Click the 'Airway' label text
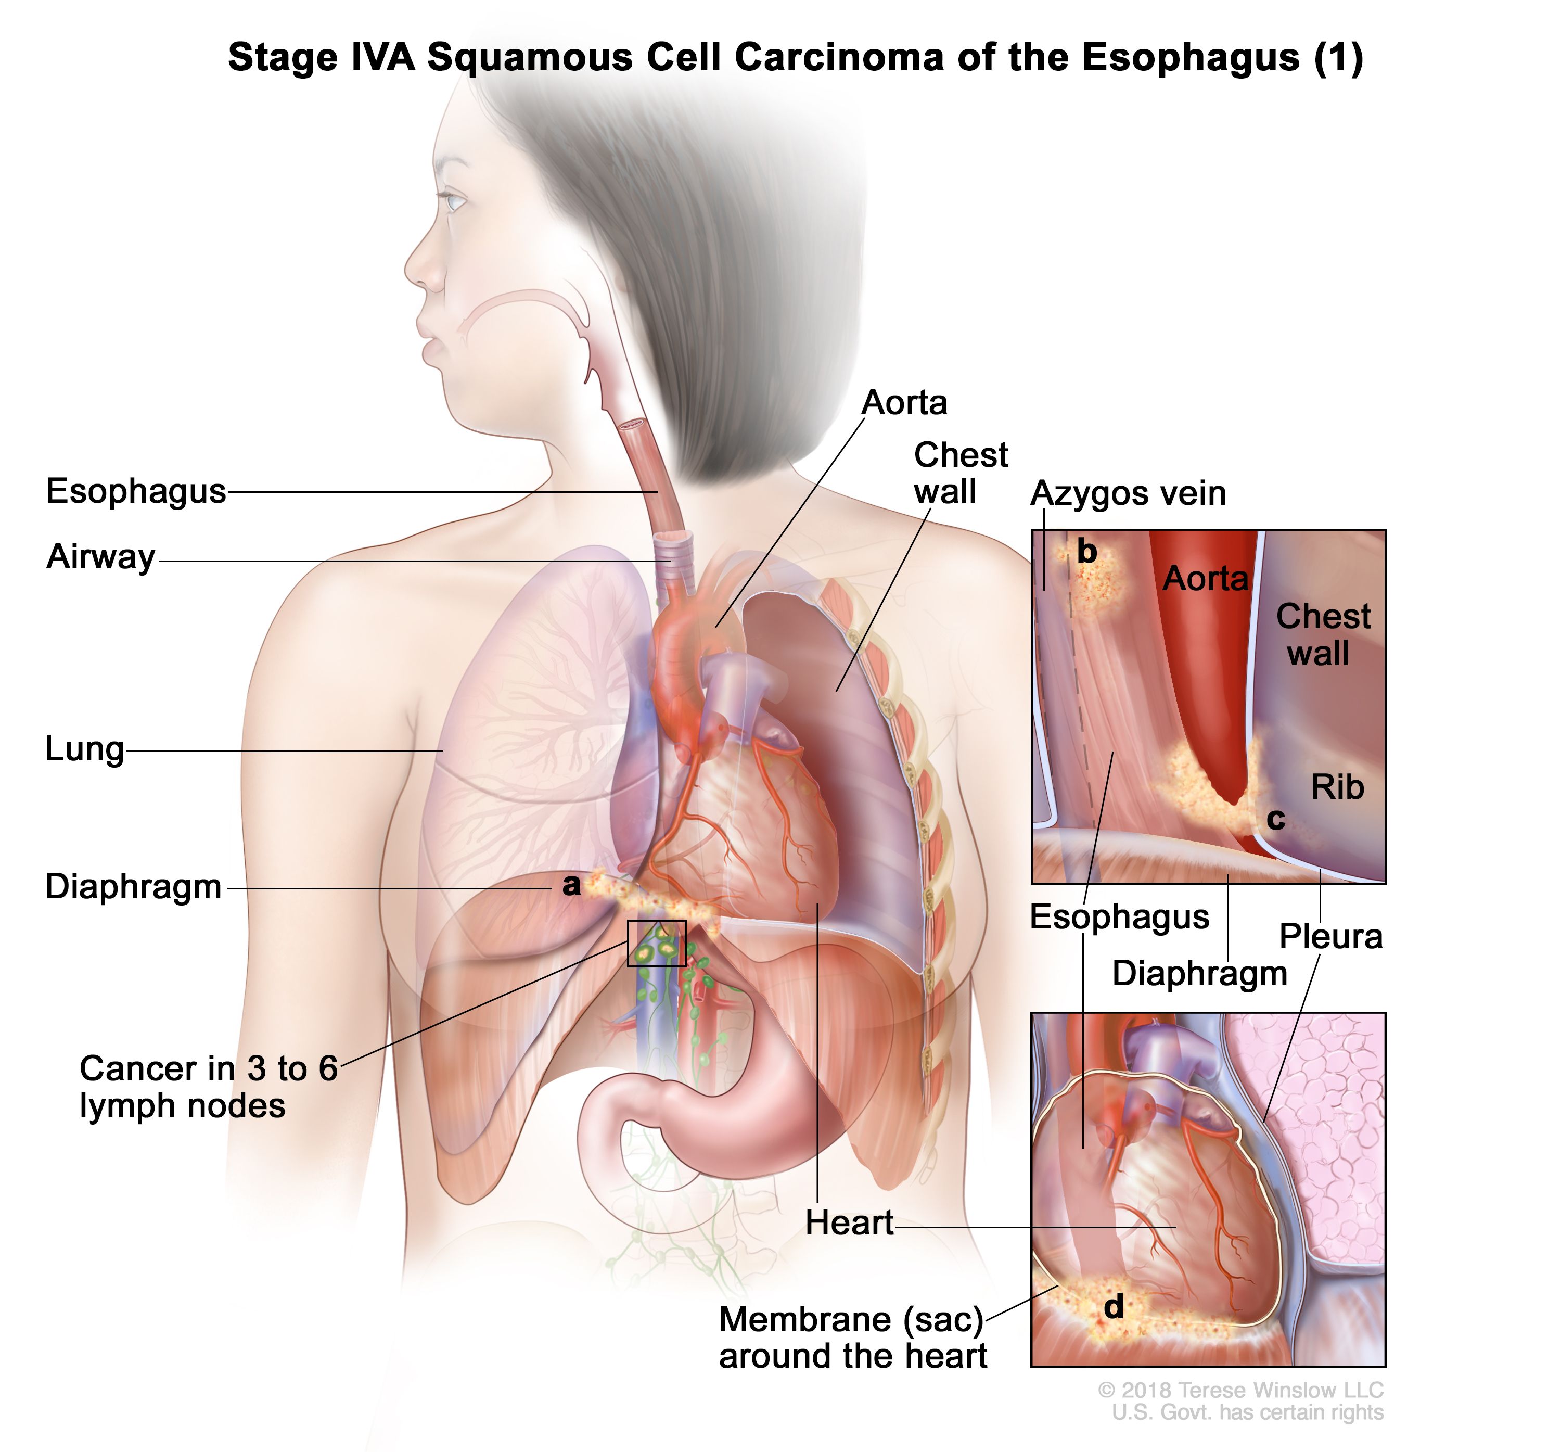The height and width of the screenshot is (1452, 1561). point(101,557)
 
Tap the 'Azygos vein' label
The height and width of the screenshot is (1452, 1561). point(1128,493)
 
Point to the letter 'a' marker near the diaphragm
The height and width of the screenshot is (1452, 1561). point(571,885)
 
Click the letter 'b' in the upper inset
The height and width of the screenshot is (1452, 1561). point(1087,551)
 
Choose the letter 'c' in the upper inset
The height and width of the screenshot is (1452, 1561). point(1276,819)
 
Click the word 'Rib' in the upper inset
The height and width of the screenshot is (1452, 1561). point(1338,787)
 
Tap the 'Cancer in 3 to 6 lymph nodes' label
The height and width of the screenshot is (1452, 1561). point(209,1087)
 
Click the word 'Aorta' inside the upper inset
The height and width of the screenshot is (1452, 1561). point(1205,579)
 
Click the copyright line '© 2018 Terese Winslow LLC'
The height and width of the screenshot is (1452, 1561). point(1240,1390)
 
